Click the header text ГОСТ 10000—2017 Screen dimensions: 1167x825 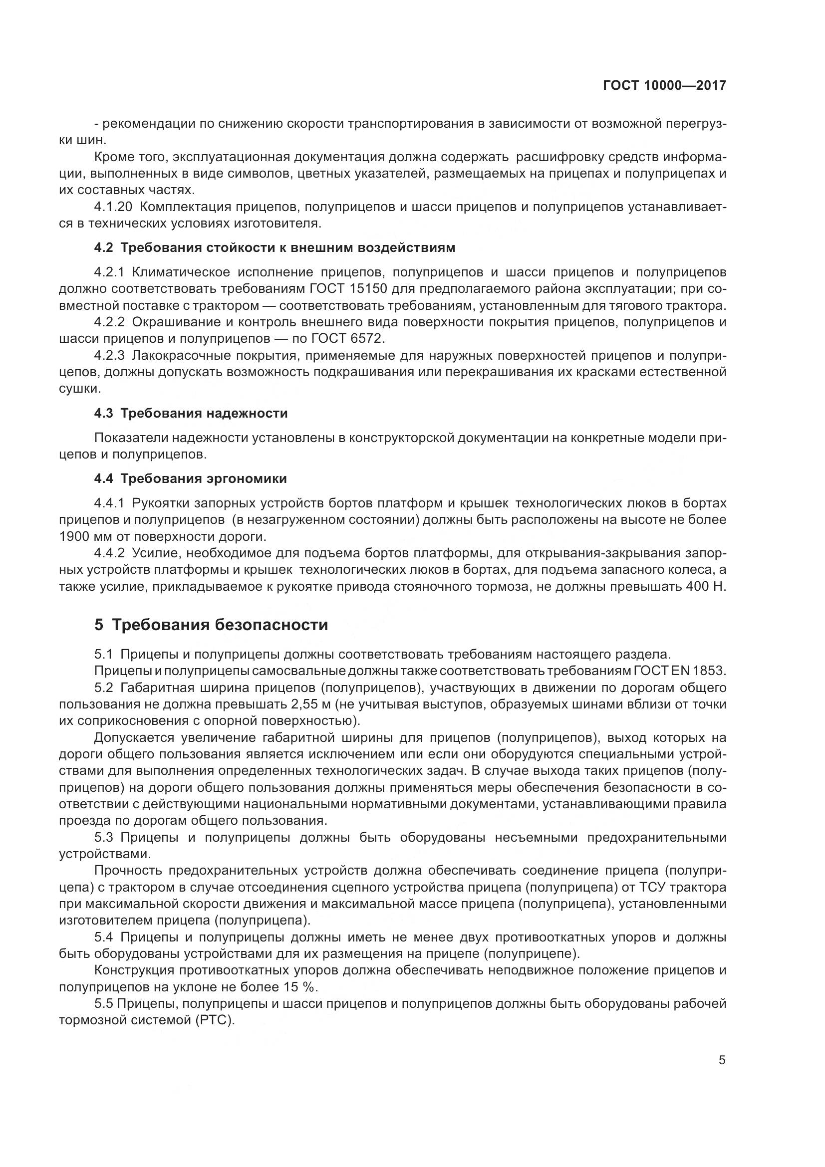coord(664,86)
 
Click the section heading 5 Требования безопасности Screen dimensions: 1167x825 coord(211,625)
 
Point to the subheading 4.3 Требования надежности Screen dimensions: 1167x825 coord(191,413)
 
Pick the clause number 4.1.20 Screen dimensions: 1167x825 coord(111,207)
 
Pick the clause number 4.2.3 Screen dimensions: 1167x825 coord(109,355)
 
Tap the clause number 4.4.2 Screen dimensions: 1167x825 coord(109,552)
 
